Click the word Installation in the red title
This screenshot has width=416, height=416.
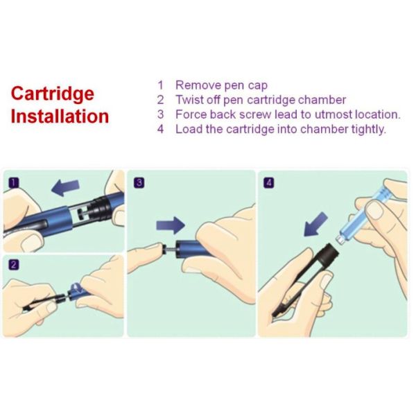(x=60, y=116)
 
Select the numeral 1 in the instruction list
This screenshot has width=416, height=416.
(x=160, y=85)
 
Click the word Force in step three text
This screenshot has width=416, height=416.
(x=191, y=114)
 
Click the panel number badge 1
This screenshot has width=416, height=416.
(x=14, y=183)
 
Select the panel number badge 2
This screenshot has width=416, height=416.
(x=14, y=265)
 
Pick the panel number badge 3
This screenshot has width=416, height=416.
(x=139, y=183)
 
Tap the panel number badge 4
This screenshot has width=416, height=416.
(x=269, y=183)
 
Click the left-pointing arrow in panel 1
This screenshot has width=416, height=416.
(x=65, y=187)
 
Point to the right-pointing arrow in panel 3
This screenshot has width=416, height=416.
(x=171, y=225)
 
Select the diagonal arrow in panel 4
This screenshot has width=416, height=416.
(x=315, y=224)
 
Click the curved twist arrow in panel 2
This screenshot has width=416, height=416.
(x=76, y=288)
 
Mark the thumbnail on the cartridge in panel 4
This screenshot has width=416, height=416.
(x=374, y=210)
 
